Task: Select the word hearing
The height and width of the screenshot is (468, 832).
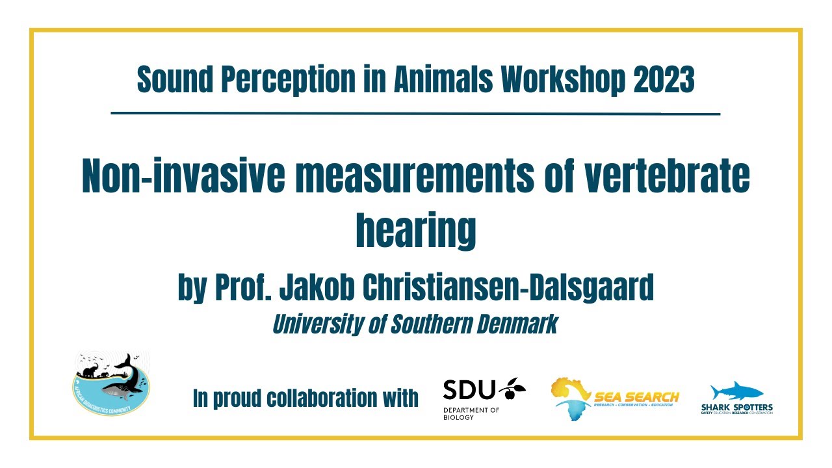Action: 416,231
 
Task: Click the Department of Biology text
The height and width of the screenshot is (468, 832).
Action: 471,413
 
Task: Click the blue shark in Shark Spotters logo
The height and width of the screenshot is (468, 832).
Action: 736,391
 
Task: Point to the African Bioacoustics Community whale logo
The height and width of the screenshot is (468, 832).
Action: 110,385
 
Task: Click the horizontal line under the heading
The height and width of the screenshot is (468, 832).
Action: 416,114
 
